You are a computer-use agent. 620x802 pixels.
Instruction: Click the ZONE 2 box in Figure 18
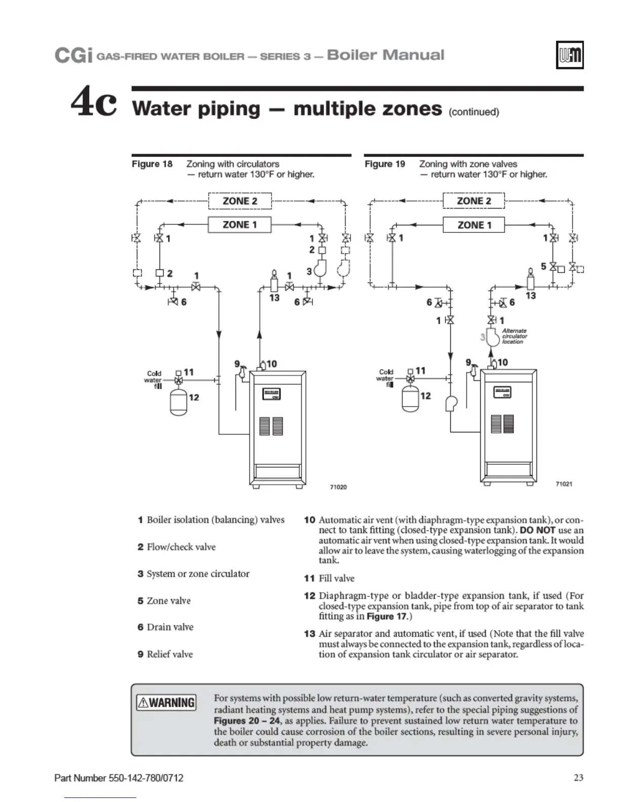(x=240, y=201)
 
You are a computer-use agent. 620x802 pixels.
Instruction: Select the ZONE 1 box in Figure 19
(x=474, y=225)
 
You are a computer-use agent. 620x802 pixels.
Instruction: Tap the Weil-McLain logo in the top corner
(x=570, y=55)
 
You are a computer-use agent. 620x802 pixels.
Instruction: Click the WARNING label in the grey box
(x=166, y=703)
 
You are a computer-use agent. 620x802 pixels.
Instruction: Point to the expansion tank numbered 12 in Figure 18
(x=179, y=401)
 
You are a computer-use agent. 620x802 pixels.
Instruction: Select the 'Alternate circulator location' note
(x=514, y=336)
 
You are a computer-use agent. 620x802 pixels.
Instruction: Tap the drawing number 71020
(x=338, y=487)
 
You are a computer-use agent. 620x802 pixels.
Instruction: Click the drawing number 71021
(x=564, y=484)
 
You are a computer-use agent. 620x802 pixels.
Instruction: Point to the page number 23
(x=578, y=778)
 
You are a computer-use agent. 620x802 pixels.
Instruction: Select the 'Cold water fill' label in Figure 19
(x=385, y=378)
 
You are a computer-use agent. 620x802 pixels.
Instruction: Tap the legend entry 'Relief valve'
(x=170, y=654)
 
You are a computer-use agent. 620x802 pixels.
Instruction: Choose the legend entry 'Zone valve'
(x=169, y=601)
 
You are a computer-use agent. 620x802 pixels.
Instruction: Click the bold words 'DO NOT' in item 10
(x=537, y=530)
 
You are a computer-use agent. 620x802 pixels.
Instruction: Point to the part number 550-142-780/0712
(x=119, y=778)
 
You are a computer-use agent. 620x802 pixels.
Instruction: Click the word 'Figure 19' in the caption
(x=385, y=164)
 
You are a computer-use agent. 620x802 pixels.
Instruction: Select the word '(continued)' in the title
(x=474, y=112)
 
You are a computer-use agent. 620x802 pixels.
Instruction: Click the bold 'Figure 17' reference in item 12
(x=386, y=616)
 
